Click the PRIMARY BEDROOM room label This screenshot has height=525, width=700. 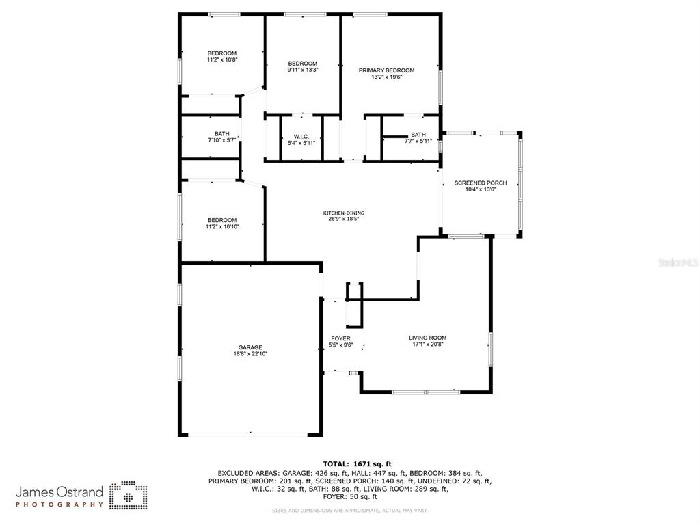coord(387,70)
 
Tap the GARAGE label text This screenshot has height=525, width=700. coord(250,347)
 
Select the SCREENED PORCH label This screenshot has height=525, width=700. coord(481,183)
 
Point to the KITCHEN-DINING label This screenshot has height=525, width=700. coord(344,213)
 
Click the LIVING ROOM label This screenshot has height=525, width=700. coord(428,338)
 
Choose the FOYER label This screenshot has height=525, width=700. coord(340,338)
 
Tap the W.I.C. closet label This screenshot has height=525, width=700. coord(301,137)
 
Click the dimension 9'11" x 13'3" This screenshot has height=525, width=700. coord(303,70)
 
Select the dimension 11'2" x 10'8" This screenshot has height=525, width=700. coord(222,59)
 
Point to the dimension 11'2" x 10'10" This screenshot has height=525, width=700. coord(222,226)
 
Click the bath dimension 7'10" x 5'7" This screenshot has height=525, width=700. coord(222,140)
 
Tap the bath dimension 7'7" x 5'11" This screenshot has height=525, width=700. coord(418,141)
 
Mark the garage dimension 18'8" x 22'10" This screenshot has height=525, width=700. coord(250,354)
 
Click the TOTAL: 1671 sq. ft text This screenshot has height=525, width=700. coord(357,464)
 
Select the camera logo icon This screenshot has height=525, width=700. coord(129,495)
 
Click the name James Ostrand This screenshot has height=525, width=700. coord(59,492)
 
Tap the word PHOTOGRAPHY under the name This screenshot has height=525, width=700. coord(59,504)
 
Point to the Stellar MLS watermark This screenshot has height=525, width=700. coord(678,262)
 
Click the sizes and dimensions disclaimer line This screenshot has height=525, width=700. coord(350,510)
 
